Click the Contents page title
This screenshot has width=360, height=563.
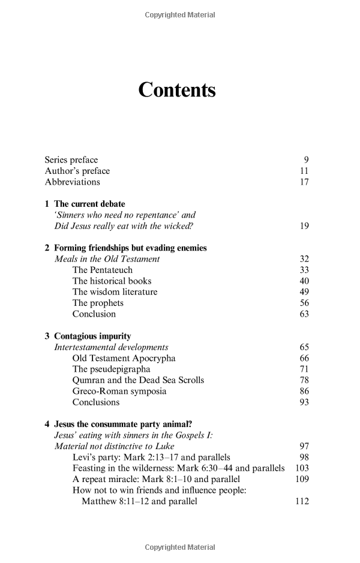click(x=176, y=90)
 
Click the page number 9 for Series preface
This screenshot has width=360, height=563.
click(x=306, y=160)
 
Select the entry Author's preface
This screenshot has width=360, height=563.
click(x=77, y=171)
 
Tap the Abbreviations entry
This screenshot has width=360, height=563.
click(x=72, y=182)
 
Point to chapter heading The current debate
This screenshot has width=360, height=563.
click(x=89, y=204)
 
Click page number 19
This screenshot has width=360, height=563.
click(x=304, y=226)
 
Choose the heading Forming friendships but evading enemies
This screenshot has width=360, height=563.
click(x=130, y=248)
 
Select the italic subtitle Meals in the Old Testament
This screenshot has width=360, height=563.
click(x=107, y=259)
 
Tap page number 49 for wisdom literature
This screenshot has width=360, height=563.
click(x=304, y=292)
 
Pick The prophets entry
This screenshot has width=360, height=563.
click(x=98, y=303)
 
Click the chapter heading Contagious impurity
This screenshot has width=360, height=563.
click(x=92, y=336)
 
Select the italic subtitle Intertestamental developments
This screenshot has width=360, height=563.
click(x=111, y=347)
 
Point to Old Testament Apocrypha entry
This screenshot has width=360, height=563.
click(x=124, y=359)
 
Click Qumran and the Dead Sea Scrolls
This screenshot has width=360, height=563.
click(x=138, y=380)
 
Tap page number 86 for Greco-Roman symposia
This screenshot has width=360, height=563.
click(x=304, y=392)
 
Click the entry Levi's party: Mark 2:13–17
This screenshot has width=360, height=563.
click(x=151, y=457)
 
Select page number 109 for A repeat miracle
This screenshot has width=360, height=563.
click(x=302, y=479)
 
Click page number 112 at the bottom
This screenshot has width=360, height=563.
click(x=302, y=501)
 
